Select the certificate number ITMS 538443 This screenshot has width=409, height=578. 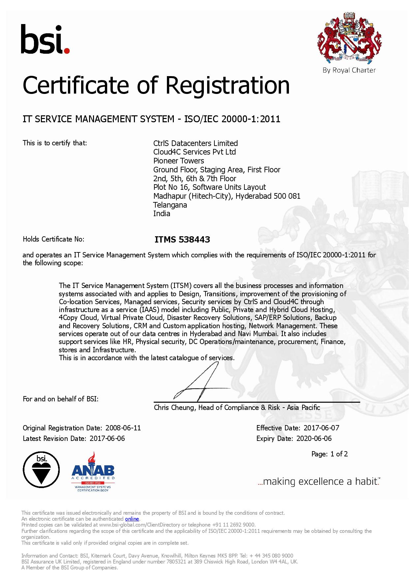(182, 240)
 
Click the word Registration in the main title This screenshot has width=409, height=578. (228, 85)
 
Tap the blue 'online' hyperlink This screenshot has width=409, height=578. (132, 519)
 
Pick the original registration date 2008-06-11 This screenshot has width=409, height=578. (123, 428)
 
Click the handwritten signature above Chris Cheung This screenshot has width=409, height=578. (198, 382)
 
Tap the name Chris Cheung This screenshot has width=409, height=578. (174, 408)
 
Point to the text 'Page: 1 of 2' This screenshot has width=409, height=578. (330, 454)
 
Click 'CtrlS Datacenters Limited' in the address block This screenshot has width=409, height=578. (195, 143)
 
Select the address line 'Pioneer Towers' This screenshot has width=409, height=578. (178, 161)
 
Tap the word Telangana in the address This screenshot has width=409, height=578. (170, 205)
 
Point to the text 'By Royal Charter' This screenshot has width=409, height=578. (349, 70)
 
